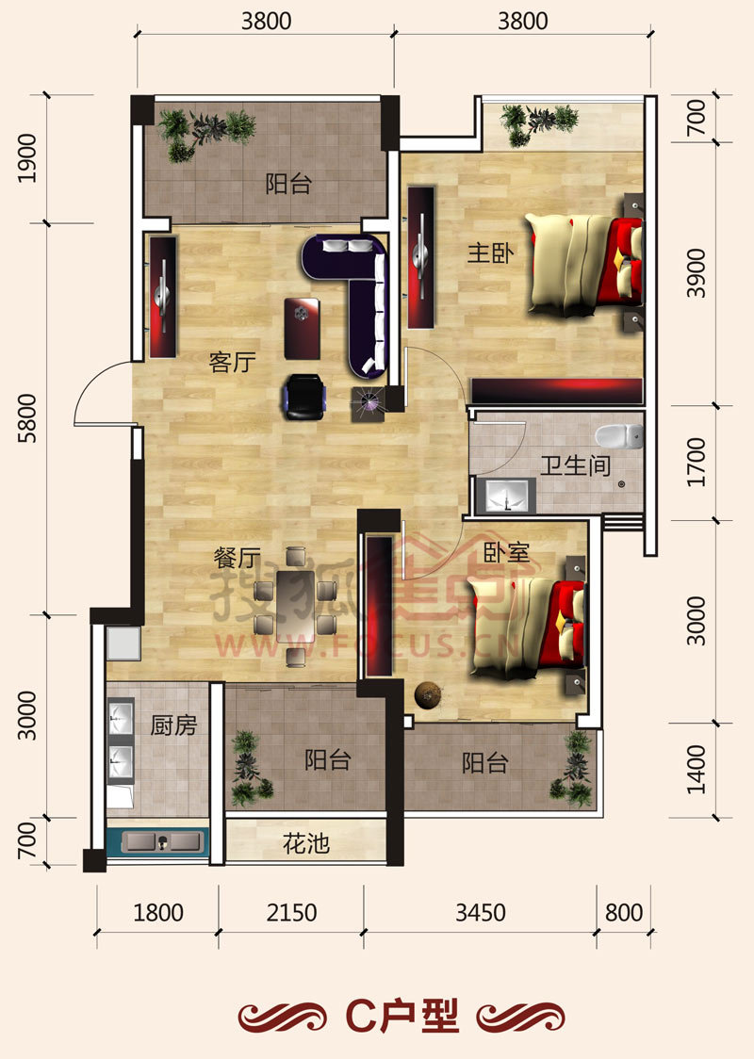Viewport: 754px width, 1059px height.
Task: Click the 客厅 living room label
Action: (x=232, y=363)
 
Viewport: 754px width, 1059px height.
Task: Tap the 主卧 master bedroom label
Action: (x=490, y=253)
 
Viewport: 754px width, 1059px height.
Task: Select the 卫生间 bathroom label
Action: (x=575, y=465)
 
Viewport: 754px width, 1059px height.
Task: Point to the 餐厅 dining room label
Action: (x=238, y=558)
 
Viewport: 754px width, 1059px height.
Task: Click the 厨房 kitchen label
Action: (x=173, y=725)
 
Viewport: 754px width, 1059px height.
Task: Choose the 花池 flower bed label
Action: (x=306, y=843)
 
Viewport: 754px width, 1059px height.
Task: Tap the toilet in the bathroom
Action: (x=619, y=436)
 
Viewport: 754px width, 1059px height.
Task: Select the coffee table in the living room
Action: (x=302, y=328)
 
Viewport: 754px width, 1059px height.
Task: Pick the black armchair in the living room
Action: (x=304, y=397)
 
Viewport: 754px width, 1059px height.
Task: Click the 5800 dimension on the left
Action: (x=27, y=418)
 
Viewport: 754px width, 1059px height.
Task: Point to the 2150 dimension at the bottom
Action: (x=291, y=912)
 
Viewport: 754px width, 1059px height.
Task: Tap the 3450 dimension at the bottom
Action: (x=481, y=912)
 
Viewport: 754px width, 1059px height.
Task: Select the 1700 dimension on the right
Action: (x=696, y=463)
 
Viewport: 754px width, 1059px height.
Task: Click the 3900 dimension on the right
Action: (x=696, y=273)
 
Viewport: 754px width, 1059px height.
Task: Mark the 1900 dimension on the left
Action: (x=27, y=158)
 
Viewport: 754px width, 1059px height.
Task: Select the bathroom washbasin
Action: (x=505, y=496)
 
